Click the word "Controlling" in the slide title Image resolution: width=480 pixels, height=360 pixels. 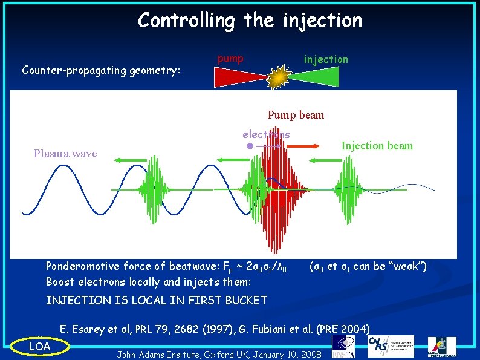click(x=186, y=21)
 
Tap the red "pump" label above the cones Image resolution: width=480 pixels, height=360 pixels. click(x=230, y=59)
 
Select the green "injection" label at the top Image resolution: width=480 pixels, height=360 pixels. click(x=326, y=59)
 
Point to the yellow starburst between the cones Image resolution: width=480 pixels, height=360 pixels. click(x=279, y=77)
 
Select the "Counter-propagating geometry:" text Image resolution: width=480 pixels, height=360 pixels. click(x=101, y=70)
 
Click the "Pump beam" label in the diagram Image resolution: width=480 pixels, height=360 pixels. click(x=296, y=115)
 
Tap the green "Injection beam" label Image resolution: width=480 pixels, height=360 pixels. click(x=377, y=146)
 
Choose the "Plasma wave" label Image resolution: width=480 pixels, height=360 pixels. click(x=65, y=154)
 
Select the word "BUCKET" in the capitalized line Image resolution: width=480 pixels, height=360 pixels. click(x=245, y=301)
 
